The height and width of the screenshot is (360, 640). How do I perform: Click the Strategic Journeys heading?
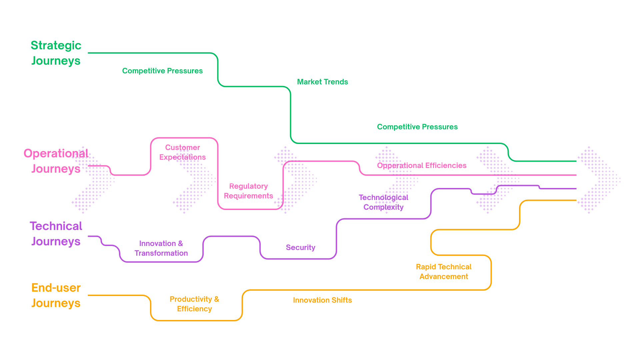coord(56,53)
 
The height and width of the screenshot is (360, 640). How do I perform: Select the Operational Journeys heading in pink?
coord(56,161)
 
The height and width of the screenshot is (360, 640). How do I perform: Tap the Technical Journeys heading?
coord(56,234)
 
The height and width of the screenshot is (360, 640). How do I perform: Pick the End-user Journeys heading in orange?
coord(56,295)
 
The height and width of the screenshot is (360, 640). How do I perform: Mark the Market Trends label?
coord(322,82)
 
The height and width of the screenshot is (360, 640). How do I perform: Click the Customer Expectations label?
coord(182,152)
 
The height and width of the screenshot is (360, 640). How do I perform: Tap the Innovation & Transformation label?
coord(161,248)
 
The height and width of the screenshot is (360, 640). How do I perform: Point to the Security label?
coord(300,247)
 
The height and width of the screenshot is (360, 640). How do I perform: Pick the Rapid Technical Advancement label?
coord(443,272)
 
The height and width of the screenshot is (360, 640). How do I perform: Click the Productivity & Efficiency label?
coord(194,304)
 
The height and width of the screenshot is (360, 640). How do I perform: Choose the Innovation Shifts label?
coord(322,300)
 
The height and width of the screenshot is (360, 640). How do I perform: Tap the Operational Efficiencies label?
coord(422,165)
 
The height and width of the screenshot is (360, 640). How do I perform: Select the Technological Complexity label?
coord(383,202)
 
